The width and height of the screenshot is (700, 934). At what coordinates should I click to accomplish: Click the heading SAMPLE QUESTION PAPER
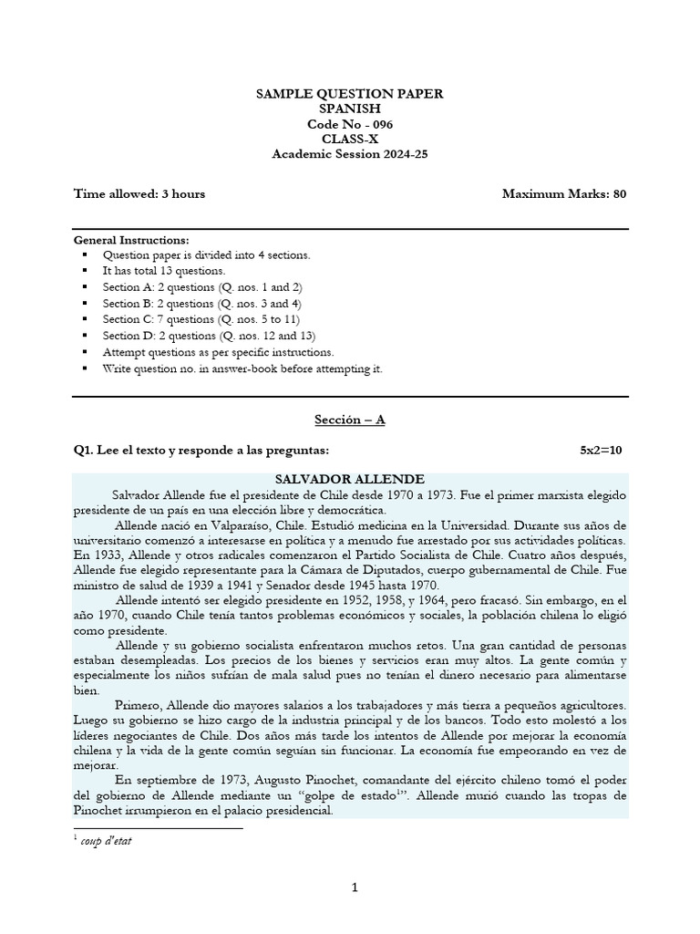[x=349, y=93]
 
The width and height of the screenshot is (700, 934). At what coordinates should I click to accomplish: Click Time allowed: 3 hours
[x=139, y=193]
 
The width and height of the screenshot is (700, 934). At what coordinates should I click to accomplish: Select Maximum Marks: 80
[x=563, y=193]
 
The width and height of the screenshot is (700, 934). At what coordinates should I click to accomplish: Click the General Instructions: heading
[x=131, y=239]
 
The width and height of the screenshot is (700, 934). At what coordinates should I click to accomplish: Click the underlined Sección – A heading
[x=349, y=420]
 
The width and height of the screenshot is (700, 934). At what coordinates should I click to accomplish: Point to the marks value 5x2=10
[x=602, y=451]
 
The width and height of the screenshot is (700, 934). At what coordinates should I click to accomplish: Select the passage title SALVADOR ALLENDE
[x=349, y=479]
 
